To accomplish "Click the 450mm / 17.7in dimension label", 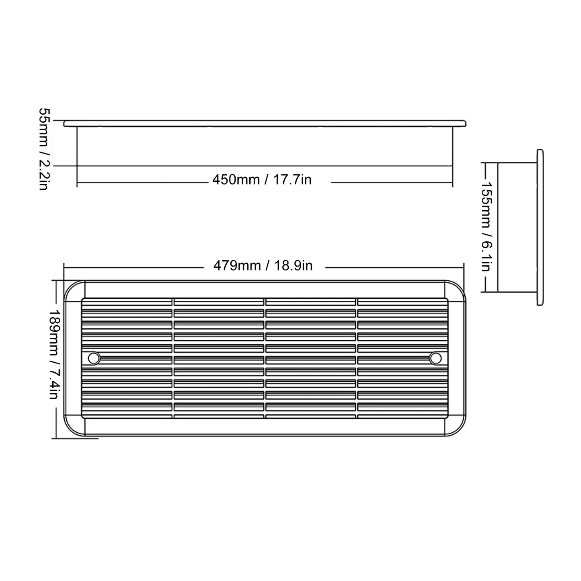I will [262, 179].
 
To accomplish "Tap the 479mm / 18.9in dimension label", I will [263, 266].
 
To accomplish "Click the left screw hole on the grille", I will [94, 358].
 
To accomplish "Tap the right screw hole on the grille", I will [435, 358].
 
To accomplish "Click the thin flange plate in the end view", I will [540, 228].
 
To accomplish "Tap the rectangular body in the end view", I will [517, 227].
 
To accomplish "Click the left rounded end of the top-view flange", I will [65, 123].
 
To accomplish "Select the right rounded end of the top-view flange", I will [464, 123].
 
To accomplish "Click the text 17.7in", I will [292, 179].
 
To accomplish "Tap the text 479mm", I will [237, 266].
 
